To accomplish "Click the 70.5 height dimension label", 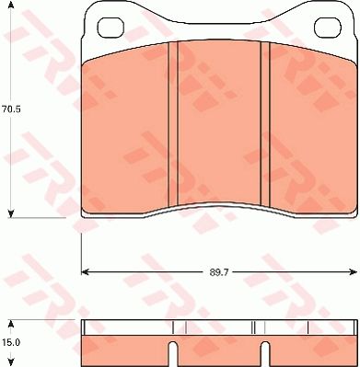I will coord(10,108).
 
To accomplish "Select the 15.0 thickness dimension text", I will coord(10,341).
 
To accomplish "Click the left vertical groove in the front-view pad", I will coord(173,123).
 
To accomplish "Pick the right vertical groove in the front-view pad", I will coord(262,123).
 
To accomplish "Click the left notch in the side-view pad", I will coord(173,354).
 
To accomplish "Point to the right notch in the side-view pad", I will coord(263,354).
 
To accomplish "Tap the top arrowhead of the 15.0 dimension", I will coord(11,323).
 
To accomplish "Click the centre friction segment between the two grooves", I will coord(218,123).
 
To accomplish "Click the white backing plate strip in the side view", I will coord(218,327).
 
